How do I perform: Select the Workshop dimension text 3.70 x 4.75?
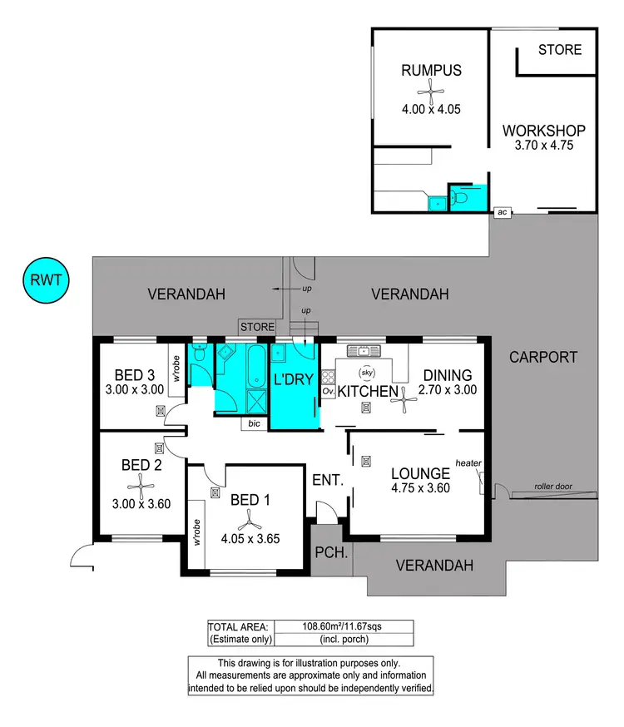point(544,146)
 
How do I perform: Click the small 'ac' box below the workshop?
point(501,212)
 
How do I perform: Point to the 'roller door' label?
point(553,487)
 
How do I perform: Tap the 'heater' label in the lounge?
point(468,463)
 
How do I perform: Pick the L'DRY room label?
point(293,380)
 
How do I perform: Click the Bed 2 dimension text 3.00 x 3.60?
point(141,502)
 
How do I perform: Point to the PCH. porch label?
point(325,551)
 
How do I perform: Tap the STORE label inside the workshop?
point(559,50)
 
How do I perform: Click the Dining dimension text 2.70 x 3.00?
point(448,389)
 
